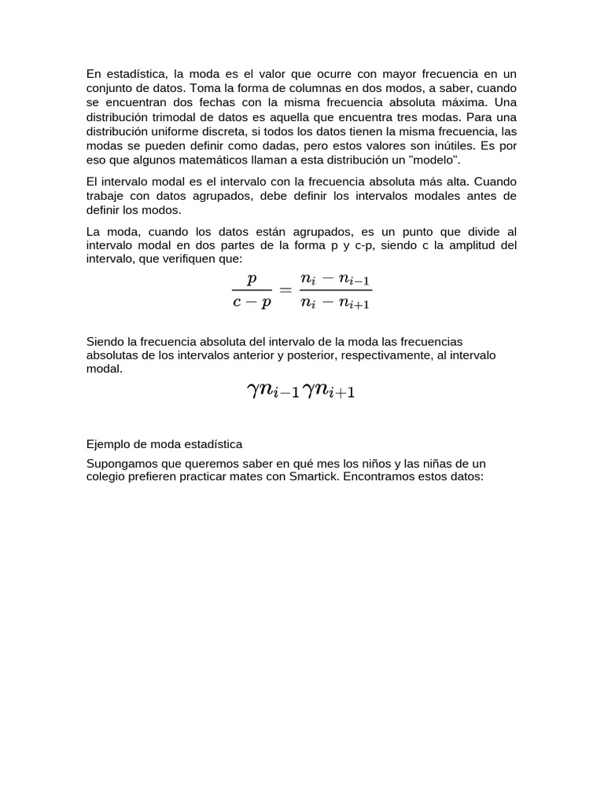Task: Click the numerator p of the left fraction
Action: pyautogui.click(x=252, y=278)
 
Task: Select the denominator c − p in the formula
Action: pyautogui.click(x=252, y=303)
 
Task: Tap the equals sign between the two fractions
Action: pyautogui.click(x=285, y=290)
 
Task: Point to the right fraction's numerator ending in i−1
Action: pyautogui.click(x=336, y=279)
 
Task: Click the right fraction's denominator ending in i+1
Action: pyautogui.click(x=336, y=303)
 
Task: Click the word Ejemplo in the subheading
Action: pyautogui.click(x=108, y=444)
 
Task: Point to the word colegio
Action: pyautogui.click(x=106, y=476)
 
